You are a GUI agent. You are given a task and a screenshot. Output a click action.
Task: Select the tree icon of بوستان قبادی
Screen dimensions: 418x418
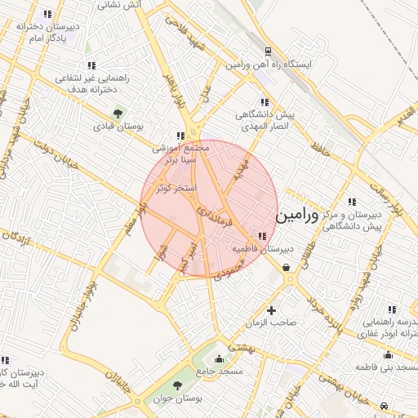(x=118, y=113)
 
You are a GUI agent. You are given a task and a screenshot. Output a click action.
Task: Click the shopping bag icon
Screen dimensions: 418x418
(x=286, y=266)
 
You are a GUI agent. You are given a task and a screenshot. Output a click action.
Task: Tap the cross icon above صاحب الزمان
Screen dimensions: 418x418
(x=272, y=310)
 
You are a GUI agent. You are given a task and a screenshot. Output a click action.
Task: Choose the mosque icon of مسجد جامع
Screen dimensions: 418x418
(x=218, y=358)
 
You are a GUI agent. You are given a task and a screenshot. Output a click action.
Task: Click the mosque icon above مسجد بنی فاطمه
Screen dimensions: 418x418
(x=386, y=355)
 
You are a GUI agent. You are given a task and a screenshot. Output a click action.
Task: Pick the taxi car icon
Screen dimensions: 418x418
(x=384, y=405)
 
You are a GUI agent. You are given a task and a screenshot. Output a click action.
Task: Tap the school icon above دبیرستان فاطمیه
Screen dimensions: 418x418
(x=261, y=235)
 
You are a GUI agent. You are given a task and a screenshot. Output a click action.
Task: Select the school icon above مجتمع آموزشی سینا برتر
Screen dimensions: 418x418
(x=180, y=136)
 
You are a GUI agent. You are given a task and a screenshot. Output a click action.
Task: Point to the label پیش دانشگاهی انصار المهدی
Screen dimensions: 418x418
(x=265, y=121)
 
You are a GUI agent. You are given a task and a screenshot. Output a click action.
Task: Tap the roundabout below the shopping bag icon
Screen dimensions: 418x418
(x=289, y=279)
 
